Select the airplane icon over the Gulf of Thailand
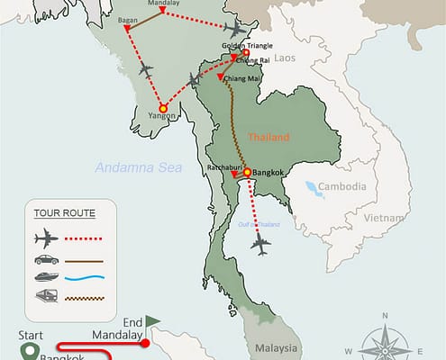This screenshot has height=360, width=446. click(x=262, y=242)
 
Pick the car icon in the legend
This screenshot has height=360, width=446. click(x=44, y=260)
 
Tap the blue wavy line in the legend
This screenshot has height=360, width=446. click(x=88, y=278)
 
